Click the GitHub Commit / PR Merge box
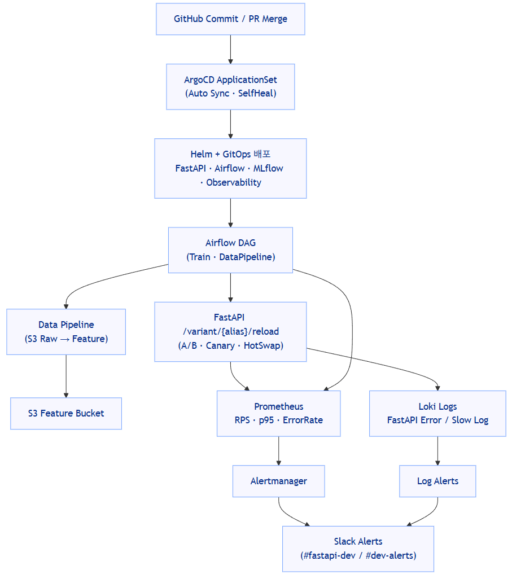coord(230,19)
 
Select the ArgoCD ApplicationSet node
coord(230,86)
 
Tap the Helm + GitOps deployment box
coord(230,168)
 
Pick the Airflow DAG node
coord(230,250)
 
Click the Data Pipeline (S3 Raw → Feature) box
coord(66,332)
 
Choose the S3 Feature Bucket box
coord(66,413)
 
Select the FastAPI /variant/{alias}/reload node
coord(230,332)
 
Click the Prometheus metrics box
coord(278,413)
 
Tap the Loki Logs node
coord(437,413)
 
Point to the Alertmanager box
coord(278,481)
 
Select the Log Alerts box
coord(437,481)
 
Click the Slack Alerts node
coord(358,549)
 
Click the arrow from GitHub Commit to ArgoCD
coord(230,49)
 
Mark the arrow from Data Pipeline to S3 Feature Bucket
coord(66,376)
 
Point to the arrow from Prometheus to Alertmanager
coord(278,450)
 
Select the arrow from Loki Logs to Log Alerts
coord(437,450)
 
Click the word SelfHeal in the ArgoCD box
coord(257,94)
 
